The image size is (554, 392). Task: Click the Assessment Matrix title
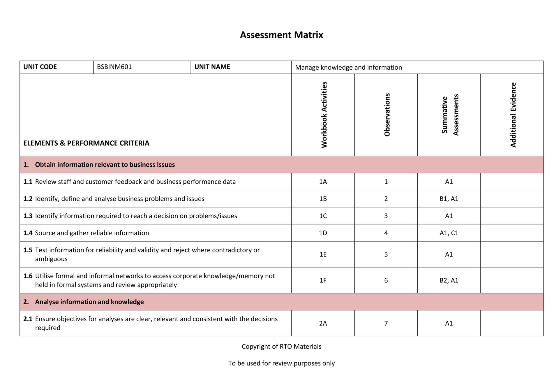(x=281, y=35)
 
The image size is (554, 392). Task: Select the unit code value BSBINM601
(x=114, y=67)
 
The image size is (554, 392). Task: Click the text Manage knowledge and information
(x=348, y=67)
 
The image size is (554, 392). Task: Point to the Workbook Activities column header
(x=324, y=115)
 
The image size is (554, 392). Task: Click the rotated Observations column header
(x=387, y=115)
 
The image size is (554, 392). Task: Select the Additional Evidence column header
(x=513, y=115)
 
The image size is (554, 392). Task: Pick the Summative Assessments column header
(x=450, y=115)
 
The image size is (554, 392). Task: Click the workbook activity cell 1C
(x=323, y=216)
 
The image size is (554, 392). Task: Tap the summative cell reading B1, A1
(x=449, y=199)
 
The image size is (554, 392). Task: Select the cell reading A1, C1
(x=449, y=233)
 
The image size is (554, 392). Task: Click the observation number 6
(x=386, y=280)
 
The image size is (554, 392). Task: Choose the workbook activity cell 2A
(x=323, y=323)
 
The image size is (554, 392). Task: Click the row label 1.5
(x=28, y=250)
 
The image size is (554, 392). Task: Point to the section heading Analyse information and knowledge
(x=89, y=302)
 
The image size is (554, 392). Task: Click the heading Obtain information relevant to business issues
(x=105, y=165)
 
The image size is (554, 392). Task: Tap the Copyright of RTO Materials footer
(x=281, y=347)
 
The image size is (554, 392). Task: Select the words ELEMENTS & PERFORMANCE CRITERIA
(x=86, y=143)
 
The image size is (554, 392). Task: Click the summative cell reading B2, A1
(x=449, y=280)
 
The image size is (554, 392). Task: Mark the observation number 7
(x=386, y=323)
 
